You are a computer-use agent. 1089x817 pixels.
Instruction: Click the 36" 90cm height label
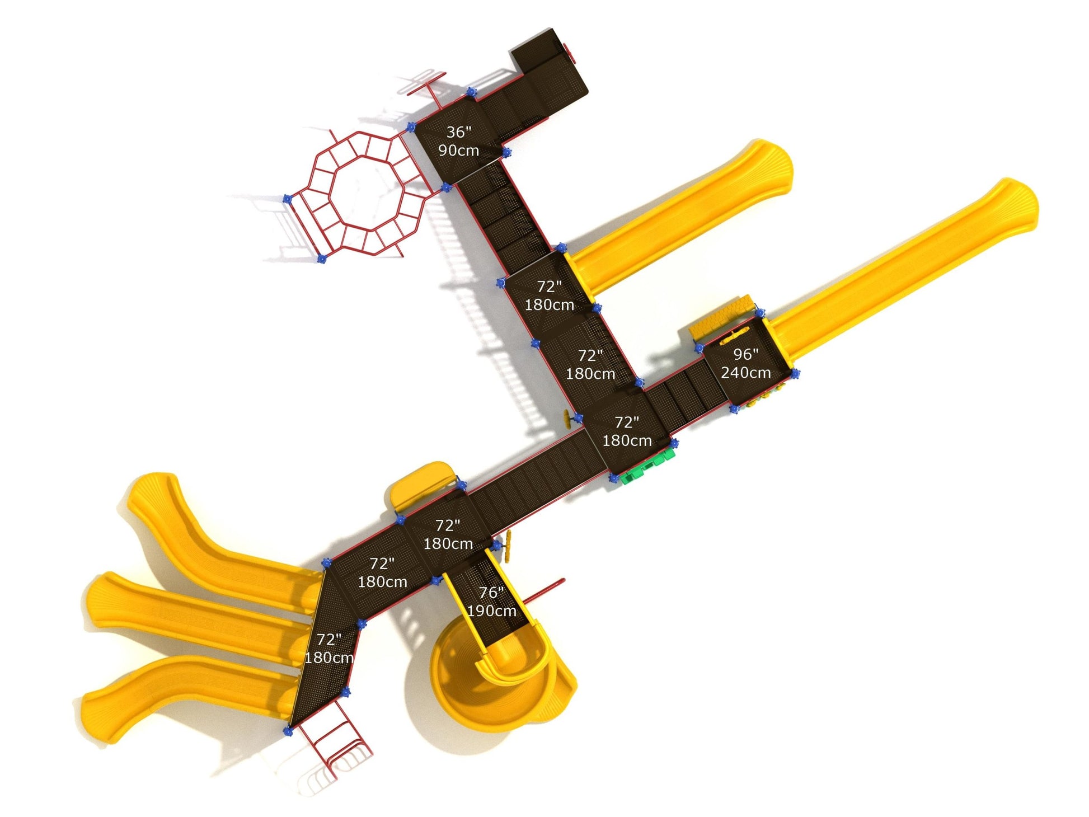[458, 141]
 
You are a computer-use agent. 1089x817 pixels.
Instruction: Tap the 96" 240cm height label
[745, 363]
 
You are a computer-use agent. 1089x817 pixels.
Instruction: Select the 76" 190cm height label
[491, 602]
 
